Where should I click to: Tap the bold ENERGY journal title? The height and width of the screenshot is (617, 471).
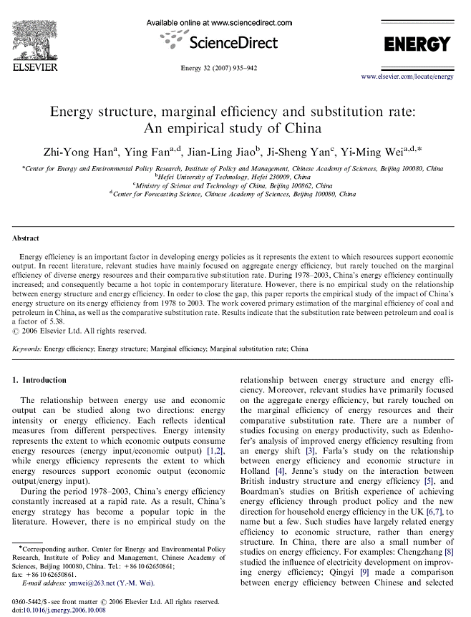[417, 44]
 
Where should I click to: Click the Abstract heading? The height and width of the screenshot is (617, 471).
[26, 238]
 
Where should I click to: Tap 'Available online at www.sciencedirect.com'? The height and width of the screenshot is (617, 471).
[219, 23]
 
